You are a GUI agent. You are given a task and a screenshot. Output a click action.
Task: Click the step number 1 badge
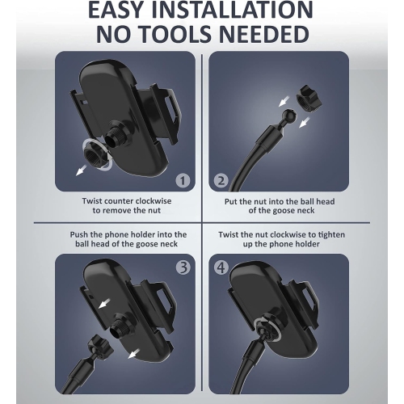pyautogui.click(x=183, y=181)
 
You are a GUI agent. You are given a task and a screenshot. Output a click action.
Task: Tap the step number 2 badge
pyautogui.click(x=221, y=181)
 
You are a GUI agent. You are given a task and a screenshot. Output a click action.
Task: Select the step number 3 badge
pyautogui.click(x=183, y=267)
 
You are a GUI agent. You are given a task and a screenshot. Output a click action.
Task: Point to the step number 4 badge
pyautogui.click(x=221, y=267)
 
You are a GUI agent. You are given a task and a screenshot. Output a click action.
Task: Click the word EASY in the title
pyautogui.click(x=115, y=10)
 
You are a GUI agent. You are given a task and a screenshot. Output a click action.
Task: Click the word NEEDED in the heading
pyautogui.click(x=264, y=35)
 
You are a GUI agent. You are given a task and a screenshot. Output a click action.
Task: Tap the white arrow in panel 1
pyautogui.click(x=82, y=170)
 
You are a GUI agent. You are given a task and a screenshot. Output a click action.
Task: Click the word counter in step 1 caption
pyautogui.click(x=119, y=201)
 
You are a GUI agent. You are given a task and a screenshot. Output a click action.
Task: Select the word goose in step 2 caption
pyautogui.click(x=285, y=210)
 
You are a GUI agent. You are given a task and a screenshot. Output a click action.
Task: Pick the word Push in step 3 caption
pyautogui.click(x=79, y=234)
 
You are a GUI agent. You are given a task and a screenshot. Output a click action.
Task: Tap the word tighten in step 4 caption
pyautogui.click(x=331, y=234)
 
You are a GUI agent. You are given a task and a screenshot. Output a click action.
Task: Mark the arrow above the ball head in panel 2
pyautogui.click(x=284, y=102)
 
